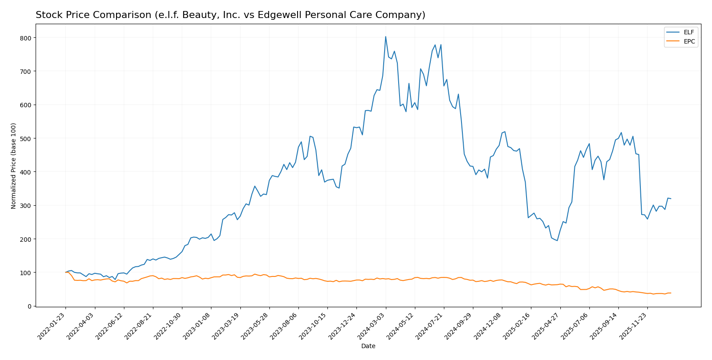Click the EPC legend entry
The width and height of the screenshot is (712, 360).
[x=689, y=42]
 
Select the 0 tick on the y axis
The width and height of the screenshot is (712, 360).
[x=29, y=306]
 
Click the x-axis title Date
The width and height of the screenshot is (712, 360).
[x=368, y=346]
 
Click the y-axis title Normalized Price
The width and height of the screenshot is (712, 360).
[x=14, y=166]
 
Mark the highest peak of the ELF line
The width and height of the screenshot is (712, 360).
[x=385, y=36]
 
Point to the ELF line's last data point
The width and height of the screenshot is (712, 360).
[x=671, y=199]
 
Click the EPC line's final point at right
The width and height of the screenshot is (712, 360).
[x=671, y=293]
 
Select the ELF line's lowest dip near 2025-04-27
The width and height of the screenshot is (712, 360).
[x=557, y=240]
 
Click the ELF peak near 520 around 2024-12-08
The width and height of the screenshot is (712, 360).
[x=505, y=131]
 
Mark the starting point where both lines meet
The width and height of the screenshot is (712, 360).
[x=65, y=273]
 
